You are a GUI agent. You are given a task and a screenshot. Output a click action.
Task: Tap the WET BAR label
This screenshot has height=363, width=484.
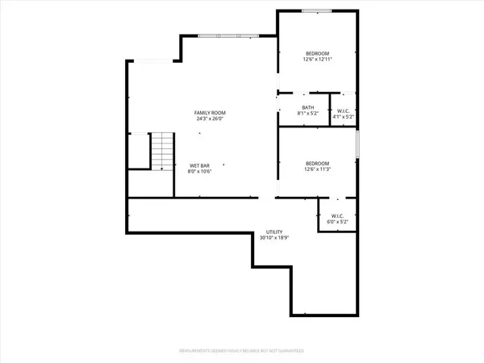pyautogui.click(x=199, y=165)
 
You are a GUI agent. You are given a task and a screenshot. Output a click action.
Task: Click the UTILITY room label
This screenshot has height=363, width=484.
pyautogui.click(x=271, y=231)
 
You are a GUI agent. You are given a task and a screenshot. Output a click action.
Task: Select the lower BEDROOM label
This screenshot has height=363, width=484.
pyautogui.click(x=317, y=161)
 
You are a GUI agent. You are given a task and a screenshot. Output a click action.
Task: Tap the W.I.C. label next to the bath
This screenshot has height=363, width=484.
pyautogui.click(x=344, y=111)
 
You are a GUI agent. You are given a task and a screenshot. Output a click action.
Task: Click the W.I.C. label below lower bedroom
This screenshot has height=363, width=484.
pyautogui.click(x=338, y=215)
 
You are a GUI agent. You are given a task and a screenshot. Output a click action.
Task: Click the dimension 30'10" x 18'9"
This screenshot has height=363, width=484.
pyautogui.click(x=271, y=238)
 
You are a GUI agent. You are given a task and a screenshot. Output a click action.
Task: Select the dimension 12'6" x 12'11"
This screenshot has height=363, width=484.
pyautogui.click(x=317, y=59)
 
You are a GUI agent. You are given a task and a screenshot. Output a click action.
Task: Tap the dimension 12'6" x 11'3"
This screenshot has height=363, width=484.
pyautogui.click(x=317, y=169)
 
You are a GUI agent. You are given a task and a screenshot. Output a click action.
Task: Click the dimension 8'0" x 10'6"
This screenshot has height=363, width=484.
pyautogui.click(x=199, y=172)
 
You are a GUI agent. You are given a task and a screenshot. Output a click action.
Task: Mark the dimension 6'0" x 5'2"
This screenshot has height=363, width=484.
pyautogui.click(x=338, y=223)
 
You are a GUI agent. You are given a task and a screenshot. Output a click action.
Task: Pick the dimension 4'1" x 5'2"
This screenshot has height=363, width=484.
pyautogui.click(x=344, y=117)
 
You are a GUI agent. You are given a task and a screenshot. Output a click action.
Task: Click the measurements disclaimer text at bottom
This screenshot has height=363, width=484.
pyautogui.click(x=241, y=351)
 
